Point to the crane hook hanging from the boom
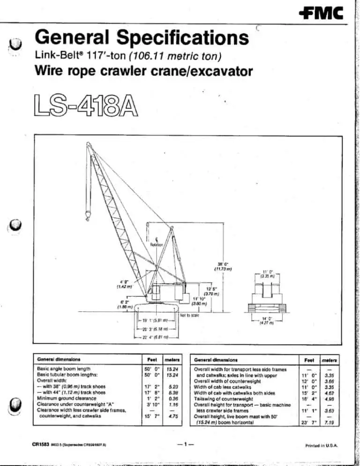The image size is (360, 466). pos(87,216)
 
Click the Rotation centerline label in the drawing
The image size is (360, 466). pos(156,244)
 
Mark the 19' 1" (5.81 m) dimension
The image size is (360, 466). pos(155,321)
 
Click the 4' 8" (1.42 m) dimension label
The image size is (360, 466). pos(115,285)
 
